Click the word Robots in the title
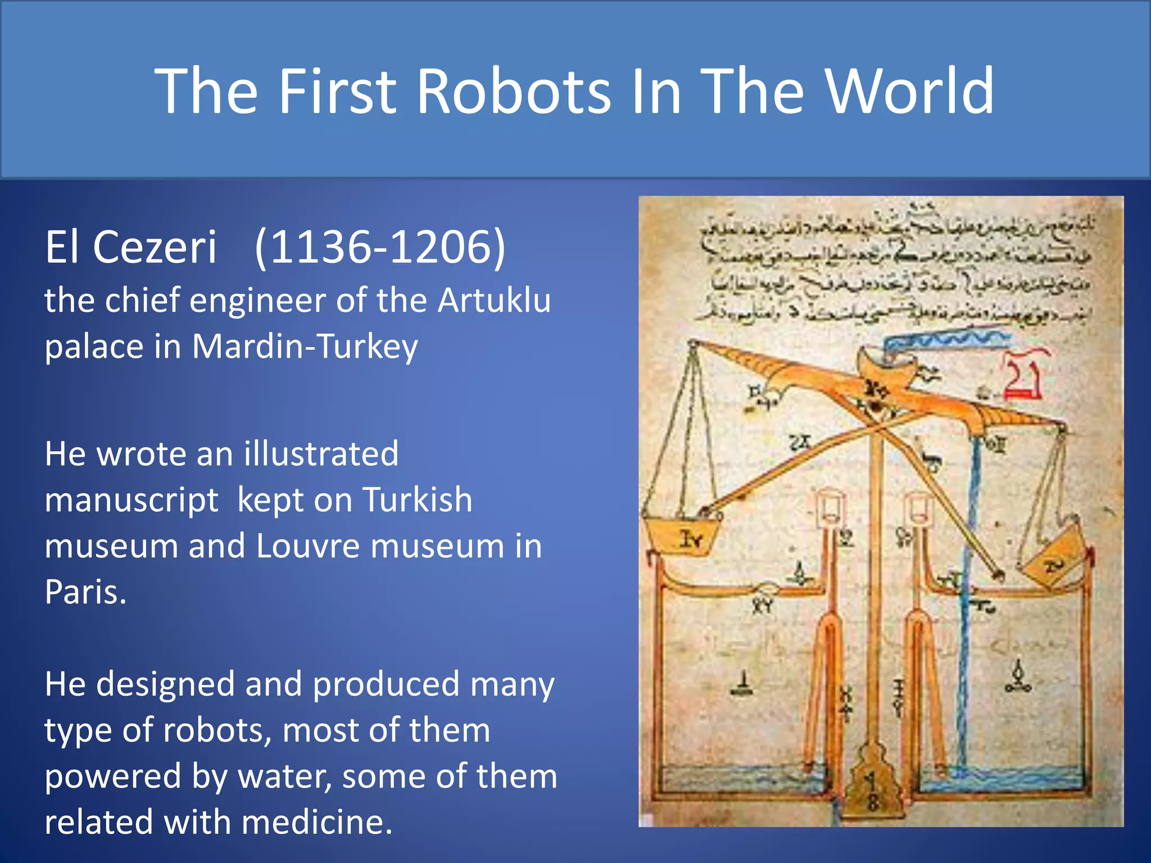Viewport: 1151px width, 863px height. click(513, 91)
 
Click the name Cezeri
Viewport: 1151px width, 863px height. click(155, 247)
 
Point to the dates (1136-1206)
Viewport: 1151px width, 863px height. click(380, 247)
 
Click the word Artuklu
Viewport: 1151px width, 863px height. click(494, 300)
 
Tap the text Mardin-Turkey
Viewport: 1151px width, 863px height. click(305, 346)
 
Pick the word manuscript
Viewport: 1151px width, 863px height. click(131, 499)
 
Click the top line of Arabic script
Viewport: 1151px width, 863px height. click(896, 225)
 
